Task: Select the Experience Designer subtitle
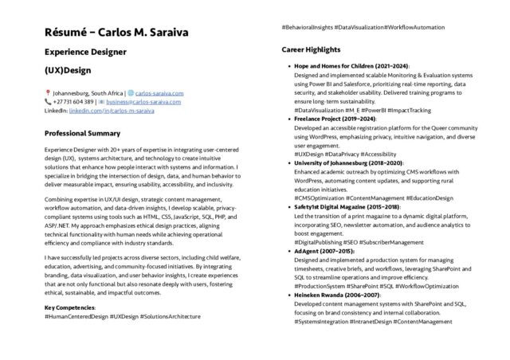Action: pyautogui.click(x=85, y=53)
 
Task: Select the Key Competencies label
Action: pyautogui.click(x=70, y=307)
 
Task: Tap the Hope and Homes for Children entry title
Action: pyautogui.click(x=351, y=65)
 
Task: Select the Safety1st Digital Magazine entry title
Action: pyautogui.click(x=347, y=185)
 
